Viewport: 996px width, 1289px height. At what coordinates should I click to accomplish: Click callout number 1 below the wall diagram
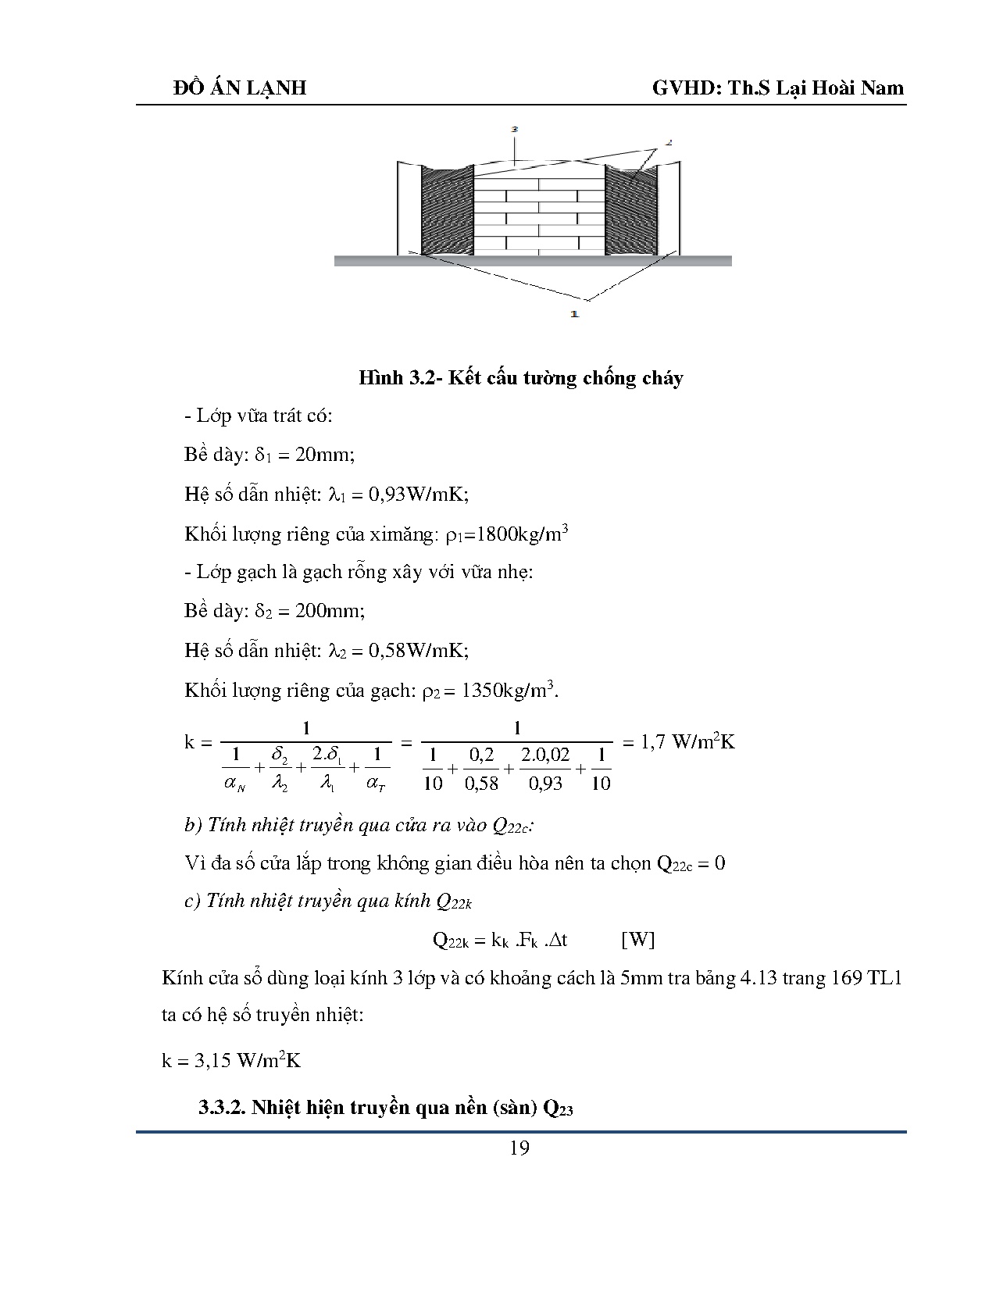[x=574, y=314]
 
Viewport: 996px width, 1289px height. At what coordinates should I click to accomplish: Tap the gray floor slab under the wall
[x=532, y=261]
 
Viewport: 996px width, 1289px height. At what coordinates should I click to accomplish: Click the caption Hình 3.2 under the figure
[x=520, y=378]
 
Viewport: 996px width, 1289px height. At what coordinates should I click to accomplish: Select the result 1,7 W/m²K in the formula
[x=687, y=742]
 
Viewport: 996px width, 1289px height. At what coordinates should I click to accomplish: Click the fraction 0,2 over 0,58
[x=481, y=769]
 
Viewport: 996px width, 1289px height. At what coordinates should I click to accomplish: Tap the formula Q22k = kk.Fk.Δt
[x=500, y=940]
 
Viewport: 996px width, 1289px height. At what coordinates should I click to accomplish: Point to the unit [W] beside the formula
[x=637, y=940]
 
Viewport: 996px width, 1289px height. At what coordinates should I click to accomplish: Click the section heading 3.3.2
[x=386, y=1108]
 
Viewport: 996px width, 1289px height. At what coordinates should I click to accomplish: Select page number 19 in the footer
[x=519, y=1148]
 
